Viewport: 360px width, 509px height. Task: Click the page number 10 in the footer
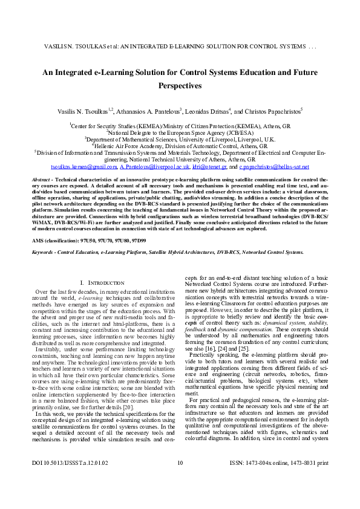[180, 498]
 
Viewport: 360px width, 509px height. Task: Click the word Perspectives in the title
[179, 86]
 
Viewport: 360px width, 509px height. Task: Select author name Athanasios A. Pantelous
[155, 112]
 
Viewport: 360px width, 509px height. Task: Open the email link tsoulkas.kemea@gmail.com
[83, 166]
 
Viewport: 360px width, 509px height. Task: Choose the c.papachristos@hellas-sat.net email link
[274, 166]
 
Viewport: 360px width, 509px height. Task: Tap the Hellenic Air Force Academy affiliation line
[179, 146]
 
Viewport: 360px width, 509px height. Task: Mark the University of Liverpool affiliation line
[179, 139]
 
